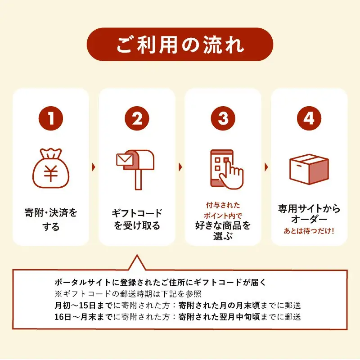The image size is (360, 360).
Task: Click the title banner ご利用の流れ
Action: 180,45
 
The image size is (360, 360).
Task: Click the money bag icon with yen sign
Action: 51,169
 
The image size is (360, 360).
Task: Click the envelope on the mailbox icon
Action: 122,160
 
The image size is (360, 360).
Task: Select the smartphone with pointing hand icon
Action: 225,169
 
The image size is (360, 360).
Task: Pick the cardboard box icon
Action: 309,169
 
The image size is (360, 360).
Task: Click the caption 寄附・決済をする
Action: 51,220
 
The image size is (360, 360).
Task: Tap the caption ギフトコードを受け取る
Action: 137,220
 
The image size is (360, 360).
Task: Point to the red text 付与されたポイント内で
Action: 223,209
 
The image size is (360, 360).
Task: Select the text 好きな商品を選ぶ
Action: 223,231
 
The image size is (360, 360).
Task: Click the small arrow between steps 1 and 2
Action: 94,167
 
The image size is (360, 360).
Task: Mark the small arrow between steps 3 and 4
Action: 266,167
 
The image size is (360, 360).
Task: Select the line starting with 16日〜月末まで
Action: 177,316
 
